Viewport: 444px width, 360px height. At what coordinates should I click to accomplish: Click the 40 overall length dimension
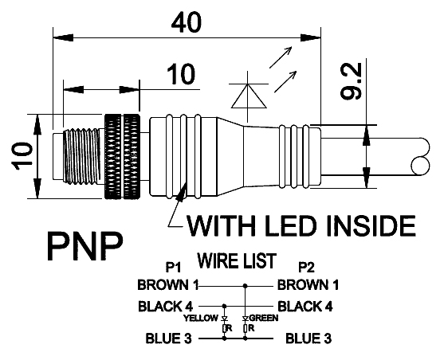pos(187,22)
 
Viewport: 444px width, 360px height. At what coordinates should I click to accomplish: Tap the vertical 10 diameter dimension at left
pos(22,156)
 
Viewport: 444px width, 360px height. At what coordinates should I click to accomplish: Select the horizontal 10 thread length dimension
pos(181,74)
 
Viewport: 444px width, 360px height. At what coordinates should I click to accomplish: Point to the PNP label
pos(85,246)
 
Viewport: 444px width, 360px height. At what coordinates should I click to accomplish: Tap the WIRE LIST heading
pos(237,260)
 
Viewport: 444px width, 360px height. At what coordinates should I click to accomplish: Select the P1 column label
pos(173,267)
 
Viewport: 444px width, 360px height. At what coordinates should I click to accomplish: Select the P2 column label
pos(307,267)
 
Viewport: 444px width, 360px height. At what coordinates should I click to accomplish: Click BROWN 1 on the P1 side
pos(168,284)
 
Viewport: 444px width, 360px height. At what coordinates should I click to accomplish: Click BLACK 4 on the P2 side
pos(305,306)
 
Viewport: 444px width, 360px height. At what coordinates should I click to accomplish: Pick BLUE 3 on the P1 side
pos(168,338)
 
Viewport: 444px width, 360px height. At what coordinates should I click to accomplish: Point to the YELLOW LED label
pos(201,318)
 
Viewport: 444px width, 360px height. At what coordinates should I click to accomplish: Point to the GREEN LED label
pos(264,318)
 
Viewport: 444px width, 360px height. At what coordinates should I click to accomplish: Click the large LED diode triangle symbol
pos(249,96)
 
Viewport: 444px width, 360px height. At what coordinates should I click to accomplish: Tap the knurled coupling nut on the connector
pos(122,157)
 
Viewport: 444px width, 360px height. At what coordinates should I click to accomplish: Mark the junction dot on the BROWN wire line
pos(246,287)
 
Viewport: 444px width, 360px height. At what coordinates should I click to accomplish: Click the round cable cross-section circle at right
pos(421,166)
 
